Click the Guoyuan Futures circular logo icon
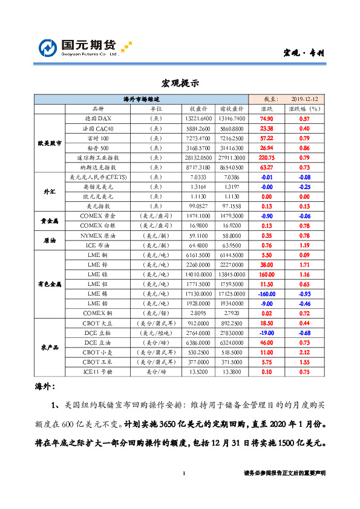[x=48, y=48]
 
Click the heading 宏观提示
[x=180, y=83]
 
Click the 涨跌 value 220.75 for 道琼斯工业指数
[x=266, y=157]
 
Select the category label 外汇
[x=50, y=191]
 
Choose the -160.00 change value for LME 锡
[x=266, y=293]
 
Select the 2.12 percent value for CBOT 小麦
[x=305, y=352]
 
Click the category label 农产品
[x=50, y=347]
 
